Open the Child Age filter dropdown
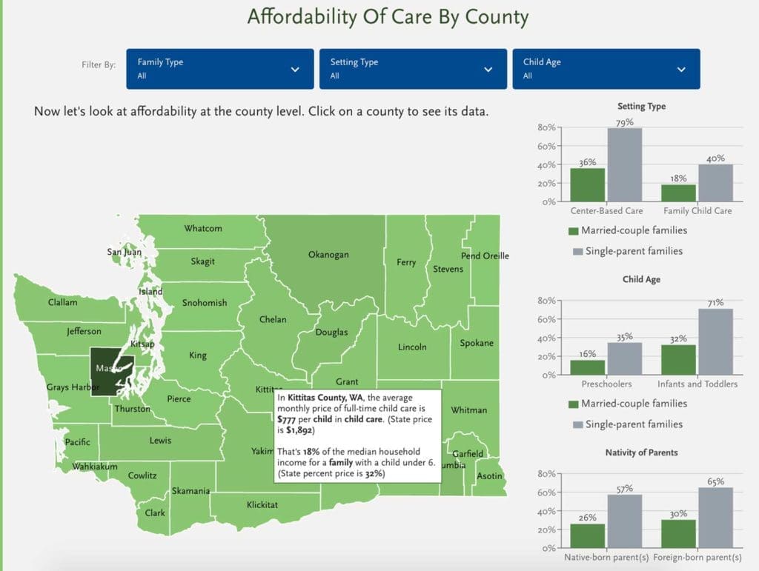606,69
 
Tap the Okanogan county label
328,255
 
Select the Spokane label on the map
476,344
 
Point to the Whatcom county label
203,228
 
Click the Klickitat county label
262,505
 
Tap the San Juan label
124,252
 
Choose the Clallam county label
62,302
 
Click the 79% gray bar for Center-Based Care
625,164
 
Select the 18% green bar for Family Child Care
678,193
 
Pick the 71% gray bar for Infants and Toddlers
715,341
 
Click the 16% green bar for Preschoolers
587,367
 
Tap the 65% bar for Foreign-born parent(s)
715,517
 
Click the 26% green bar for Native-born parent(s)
587,535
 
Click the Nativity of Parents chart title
642,453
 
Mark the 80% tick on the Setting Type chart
547,127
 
